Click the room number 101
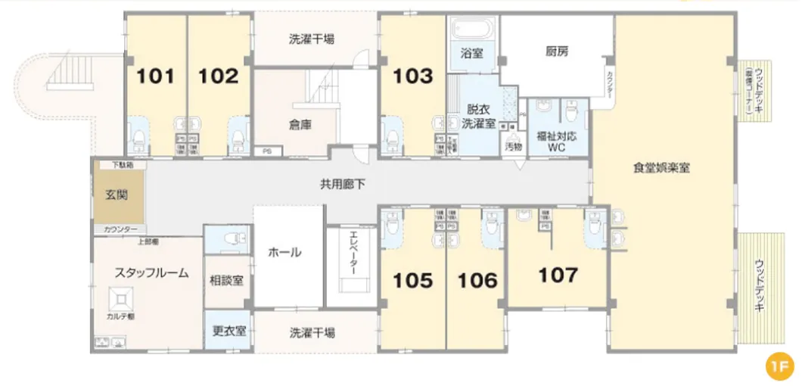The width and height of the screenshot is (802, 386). click(155, 76)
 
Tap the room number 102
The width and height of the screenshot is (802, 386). click(219, 76)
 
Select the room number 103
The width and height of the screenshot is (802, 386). click(413, 76)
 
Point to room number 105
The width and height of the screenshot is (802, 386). click(413, 281)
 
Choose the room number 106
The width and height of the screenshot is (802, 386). click(478, 281)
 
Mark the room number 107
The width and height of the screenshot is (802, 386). click(558, 275)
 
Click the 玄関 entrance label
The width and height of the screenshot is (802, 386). click(116, 195)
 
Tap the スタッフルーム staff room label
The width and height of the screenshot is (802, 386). click(151, 273)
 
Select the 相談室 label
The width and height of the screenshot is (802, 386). click(227, 280)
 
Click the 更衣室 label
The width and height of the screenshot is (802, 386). click(227, 331)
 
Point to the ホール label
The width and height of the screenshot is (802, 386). click(285, 252)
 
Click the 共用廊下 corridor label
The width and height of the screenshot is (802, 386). click(343, 182)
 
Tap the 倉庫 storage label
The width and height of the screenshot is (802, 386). click(300, 126)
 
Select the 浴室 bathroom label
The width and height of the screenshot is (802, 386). click(472, 53)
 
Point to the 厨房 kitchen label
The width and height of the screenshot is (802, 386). click(556, 52)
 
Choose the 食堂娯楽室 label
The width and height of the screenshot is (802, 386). click(661, 169)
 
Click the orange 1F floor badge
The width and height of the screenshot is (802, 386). click(778, 366)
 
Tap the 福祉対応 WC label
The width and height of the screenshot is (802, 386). click(557, 142)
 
